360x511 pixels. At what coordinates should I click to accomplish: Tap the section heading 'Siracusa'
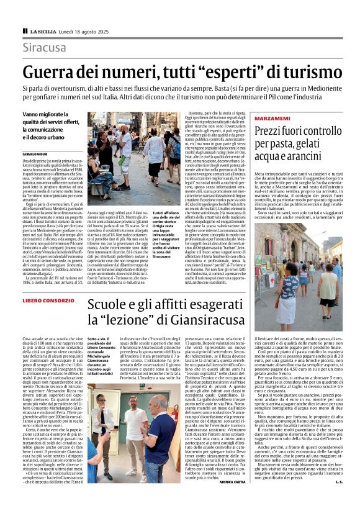44,48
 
